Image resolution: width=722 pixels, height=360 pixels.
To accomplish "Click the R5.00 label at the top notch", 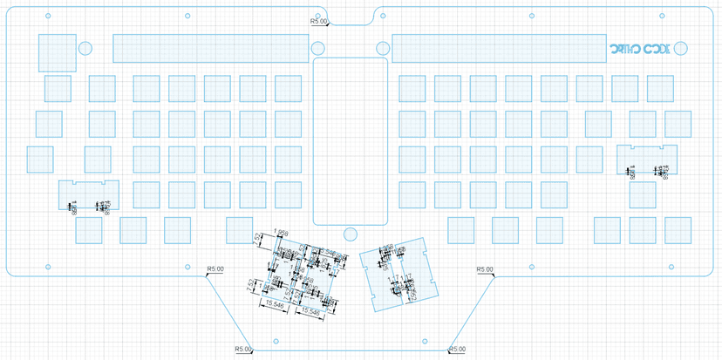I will (x=320, y=21).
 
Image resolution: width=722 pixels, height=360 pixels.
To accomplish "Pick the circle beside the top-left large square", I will (x=85, y=48).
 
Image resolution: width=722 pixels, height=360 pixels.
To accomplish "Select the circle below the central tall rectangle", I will (x=350, y=234).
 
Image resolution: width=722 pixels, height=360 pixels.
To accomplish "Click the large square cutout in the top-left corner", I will (x=56, y=51).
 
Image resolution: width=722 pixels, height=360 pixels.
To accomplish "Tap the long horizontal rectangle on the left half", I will (x=209, y=49).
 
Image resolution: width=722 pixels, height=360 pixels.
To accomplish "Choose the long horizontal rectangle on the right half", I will (x=496, y=49).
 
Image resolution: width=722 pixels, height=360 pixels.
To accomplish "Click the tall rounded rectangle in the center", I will (x=350, y=140).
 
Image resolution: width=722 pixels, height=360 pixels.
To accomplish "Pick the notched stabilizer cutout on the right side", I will (x=647, y=160).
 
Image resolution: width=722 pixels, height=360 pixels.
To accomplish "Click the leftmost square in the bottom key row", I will (x=88, y=230).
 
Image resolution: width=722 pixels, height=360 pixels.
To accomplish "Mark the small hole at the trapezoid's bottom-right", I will (x=423, y=341).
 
